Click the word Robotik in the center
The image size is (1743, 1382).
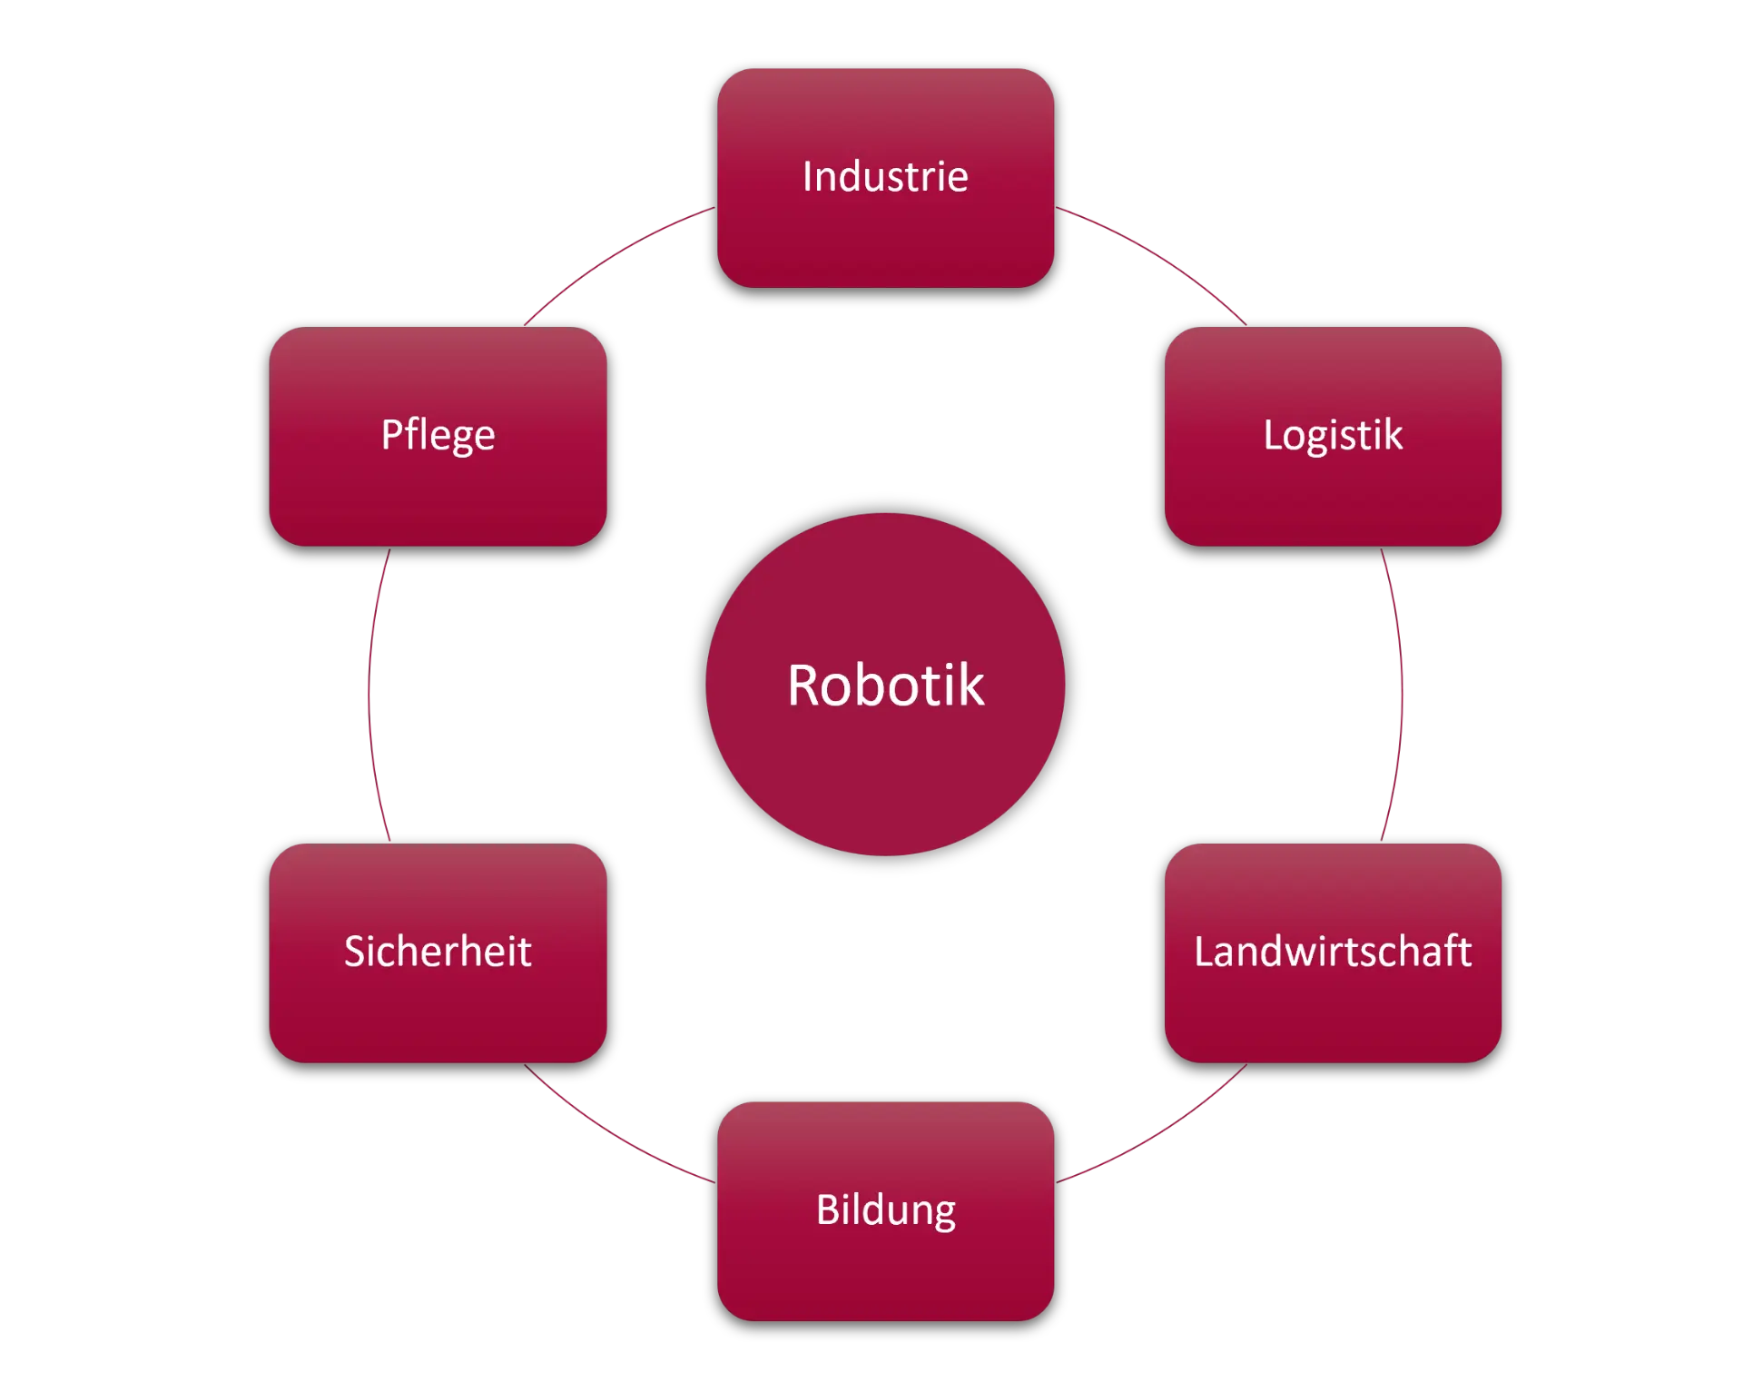click(885, 686)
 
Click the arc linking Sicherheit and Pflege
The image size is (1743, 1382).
click(369, 695)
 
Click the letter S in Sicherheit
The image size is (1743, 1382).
click(355, 952)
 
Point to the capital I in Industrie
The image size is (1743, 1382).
click(807, 176)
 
